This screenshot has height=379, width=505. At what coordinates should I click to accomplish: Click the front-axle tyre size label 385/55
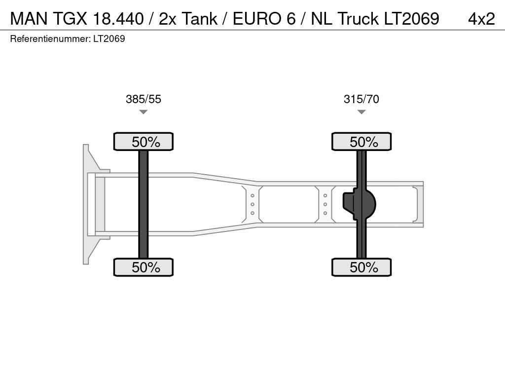pyautogui.click(x=144, y=99)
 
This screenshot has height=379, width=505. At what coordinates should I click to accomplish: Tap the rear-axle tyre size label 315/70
pyautogui.click(x=361, y=99)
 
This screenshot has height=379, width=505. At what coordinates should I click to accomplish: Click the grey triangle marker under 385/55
pyautogui.click(x=144, y=112)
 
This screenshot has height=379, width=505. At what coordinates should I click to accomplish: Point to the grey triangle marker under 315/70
pyautogui.click(x=361, y=112)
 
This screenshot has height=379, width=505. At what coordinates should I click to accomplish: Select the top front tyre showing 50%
pyautogui.click(x=144, y=142)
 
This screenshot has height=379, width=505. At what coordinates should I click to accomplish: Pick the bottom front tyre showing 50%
pyautogui.click(x=144, y=267)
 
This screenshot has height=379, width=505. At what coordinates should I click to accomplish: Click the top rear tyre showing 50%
pyautogui.click(x=361, y=142)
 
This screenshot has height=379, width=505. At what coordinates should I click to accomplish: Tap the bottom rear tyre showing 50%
pyautogui.click(x=361, y=267)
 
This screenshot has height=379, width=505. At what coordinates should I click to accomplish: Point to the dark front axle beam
pyautogui.click(x=144, y=204)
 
